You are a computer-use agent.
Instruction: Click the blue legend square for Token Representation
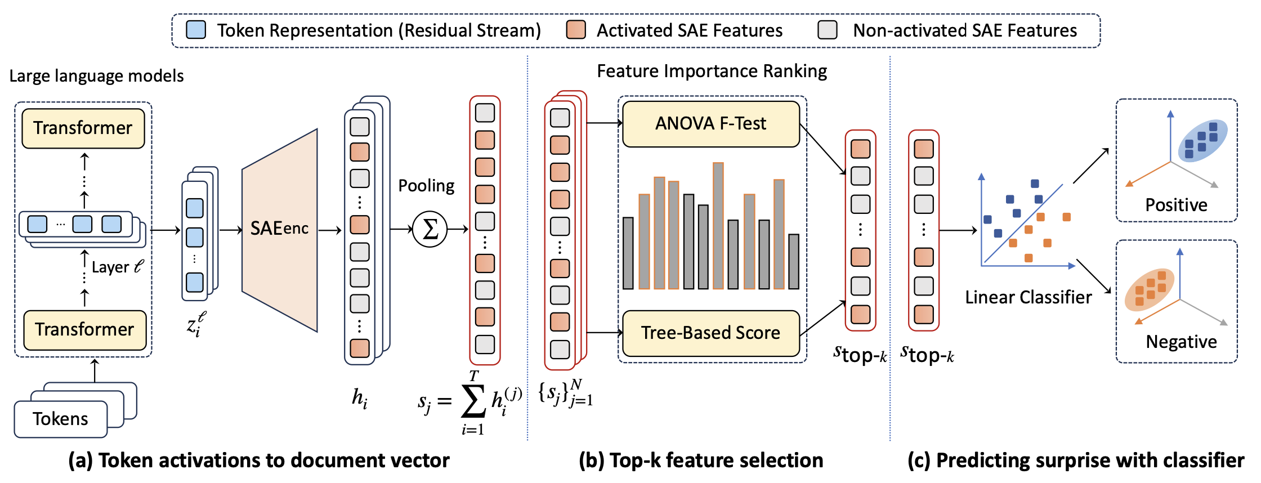coord(196,30)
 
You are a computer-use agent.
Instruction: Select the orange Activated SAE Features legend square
coord(576,30)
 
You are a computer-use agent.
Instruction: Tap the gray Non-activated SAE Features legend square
coord(828,30)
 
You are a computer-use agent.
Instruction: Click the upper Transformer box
coord(83,128)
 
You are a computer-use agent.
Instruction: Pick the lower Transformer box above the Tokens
coord(84,330)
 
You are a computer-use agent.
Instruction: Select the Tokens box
coord(60,419)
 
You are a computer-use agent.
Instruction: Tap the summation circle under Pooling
coord(430,229)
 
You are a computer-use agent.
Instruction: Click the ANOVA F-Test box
coord(711,124)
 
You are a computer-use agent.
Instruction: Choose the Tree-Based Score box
coord(711,333)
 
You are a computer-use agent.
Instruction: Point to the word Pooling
coord(426,186)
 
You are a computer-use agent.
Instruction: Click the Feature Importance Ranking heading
coord(712,71)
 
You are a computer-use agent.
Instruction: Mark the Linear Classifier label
coord(1028,297)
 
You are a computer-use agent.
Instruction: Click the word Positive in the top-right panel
coord(1176,205)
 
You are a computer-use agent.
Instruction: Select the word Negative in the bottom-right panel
coord(1181,342)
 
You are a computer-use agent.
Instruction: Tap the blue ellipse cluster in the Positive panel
coord(1202,141)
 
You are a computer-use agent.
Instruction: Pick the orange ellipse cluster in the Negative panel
coord(1149,290)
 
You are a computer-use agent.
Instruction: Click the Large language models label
coord(96,76)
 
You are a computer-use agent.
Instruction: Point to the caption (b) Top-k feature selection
coord(701,460)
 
